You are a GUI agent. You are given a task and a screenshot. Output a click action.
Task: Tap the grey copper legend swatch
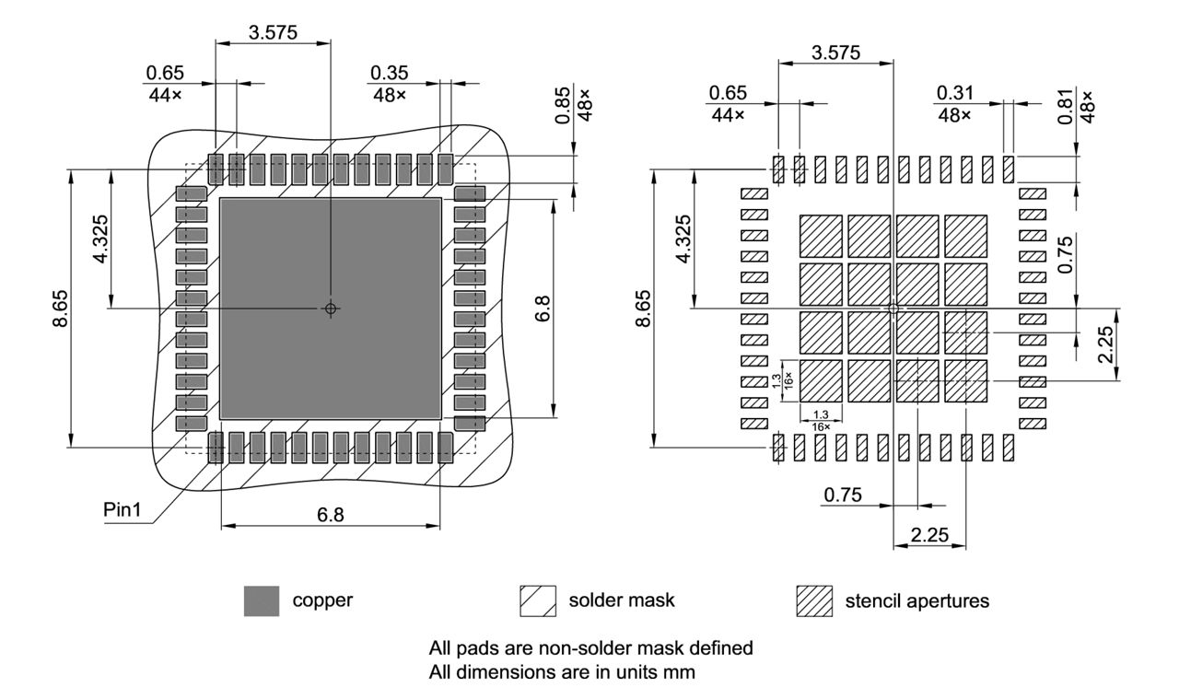(262, 601)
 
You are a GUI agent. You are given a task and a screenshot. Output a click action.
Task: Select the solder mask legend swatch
(538, 601)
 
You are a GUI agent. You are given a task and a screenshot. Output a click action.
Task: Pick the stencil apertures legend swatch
(813, 601)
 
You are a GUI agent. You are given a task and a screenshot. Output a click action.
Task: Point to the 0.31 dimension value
(954, 93)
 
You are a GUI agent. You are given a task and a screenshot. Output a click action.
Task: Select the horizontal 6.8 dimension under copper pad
(331, 515)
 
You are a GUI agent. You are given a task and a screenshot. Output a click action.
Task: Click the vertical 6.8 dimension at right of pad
(543, 309)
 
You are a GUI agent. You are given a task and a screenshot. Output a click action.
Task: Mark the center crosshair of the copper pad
(331, 309)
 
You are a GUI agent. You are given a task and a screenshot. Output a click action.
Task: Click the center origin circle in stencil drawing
(893, 309)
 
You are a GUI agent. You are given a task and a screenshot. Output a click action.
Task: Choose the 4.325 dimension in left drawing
(102, 238)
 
